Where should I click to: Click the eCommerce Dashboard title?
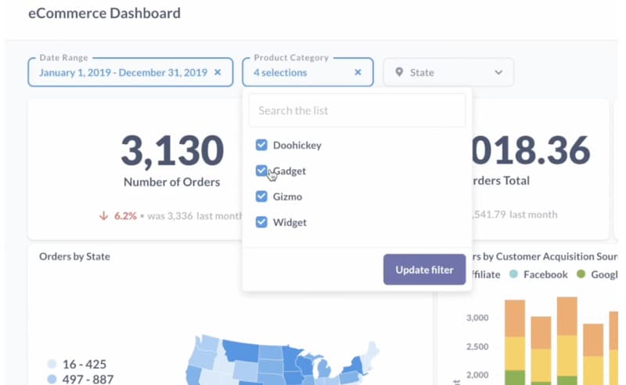tap(104, 13)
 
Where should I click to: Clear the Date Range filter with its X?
tap(218, 73)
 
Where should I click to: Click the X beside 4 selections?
tap(358, 73)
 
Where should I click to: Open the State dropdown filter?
tap(448, 73)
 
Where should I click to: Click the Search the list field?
tap(357, 110)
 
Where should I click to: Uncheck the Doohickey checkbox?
tap(261, 145)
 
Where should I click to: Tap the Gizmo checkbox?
tap(261, 196)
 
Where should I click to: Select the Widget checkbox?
tap(261, 222)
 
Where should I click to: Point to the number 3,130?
tap(171, 149)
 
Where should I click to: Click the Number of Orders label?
tap(171, 182)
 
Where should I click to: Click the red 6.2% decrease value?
tap(124, 215)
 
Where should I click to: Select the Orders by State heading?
tap(74, 256)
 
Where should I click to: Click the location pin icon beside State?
tap(399, 73)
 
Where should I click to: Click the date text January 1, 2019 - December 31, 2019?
tap(123, 73)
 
